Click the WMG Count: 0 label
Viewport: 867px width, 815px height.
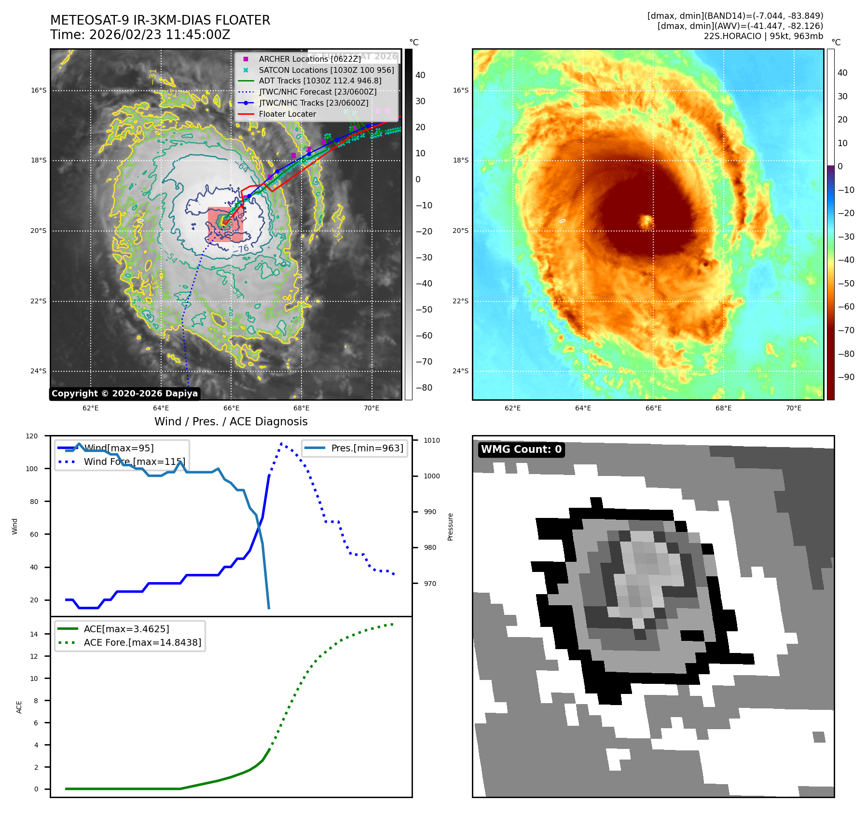coord(521,449)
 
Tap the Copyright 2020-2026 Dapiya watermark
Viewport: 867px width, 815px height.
coord(124,394)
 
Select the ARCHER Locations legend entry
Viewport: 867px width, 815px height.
coord(309,59)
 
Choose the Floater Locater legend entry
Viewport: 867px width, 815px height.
coord(287,114)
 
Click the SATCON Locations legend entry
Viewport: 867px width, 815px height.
coord(326,70)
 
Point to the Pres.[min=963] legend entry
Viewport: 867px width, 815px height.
coord(367,448)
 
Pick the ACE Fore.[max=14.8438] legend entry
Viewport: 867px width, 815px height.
coord(142,642)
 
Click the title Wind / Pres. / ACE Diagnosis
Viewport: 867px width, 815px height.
coord(231,421)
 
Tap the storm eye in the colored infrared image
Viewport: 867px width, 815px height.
coord(646,221)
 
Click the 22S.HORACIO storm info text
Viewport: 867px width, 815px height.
coord(763,36)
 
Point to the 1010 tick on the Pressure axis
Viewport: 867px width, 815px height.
coord(431,440)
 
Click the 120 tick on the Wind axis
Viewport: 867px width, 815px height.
coord(32,436)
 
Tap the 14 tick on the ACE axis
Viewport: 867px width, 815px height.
coord(34,634)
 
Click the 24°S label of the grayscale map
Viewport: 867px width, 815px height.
coord(39,371)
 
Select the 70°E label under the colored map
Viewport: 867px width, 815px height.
coord(793,408)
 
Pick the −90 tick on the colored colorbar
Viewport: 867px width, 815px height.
coord(846,377)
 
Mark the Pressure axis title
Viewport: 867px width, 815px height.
coord(450,527)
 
